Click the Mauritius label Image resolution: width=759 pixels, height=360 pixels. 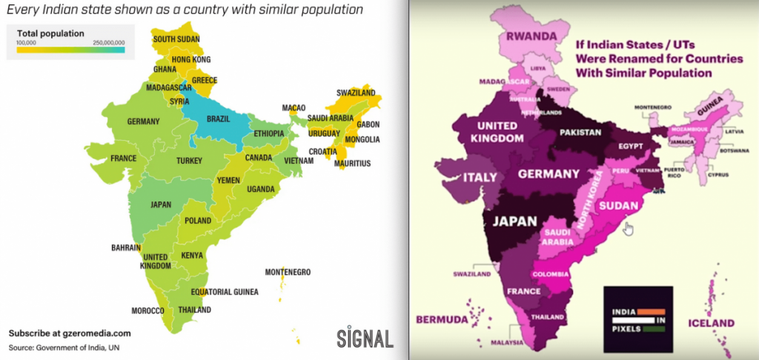(351, 163)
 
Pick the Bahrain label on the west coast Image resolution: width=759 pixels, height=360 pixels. (125, 247)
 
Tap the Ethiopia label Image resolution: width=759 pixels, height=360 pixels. (269, 133)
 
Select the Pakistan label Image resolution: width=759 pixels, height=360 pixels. (580, 131)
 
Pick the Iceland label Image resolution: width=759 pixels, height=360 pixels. (710, 324)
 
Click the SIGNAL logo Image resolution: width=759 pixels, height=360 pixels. (365, 338)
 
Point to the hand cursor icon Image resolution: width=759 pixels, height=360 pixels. (629, 228)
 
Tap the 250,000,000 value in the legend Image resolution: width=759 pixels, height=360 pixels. (109, 44)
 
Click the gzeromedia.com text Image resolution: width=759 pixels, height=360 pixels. (95, 333)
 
